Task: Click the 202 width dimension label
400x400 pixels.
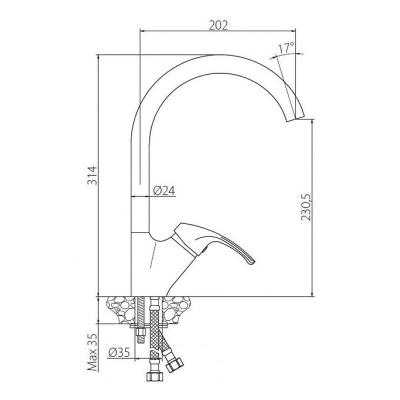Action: tap(218, 25)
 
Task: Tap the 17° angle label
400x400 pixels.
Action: tap(286, 48)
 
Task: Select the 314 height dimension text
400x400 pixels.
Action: tap(92, 175)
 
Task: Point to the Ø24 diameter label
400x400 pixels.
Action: tap(164, 190)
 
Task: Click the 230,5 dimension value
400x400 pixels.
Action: tap(306, 207)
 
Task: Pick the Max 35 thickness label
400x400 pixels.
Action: tap(92, 352)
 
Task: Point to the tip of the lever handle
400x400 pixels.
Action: tap(253, 261)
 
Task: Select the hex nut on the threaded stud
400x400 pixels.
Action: tap(140, 332)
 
